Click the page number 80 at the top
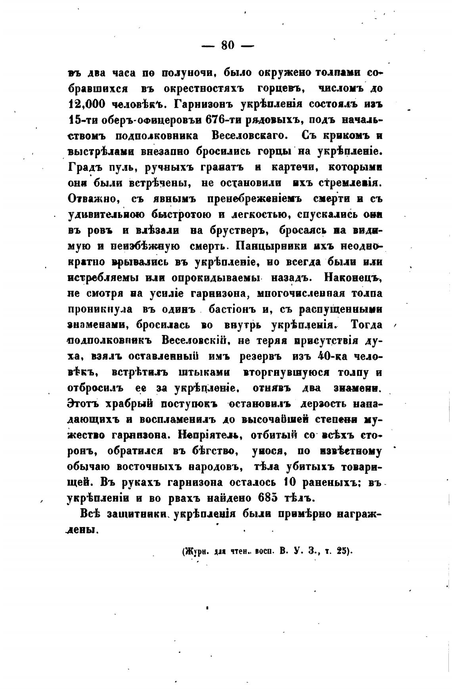[228, 46]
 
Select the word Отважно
[92, 199]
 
